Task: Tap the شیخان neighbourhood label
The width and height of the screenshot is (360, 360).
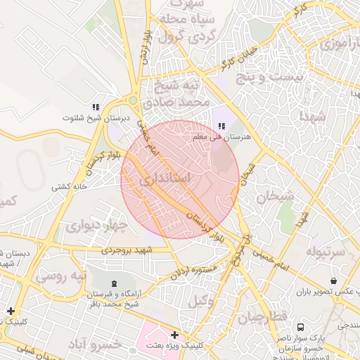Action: point(274,198)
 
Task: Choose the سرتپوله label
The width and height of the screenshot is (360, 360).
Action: point(326,251)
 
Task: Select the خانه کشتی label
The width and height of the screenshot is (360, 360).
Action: point(69,188)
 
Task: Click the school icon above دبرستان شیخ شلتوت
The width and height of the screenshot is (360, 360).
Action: point(96,107)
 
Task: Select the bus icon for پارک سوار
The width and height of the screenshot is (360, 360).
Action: point(301,327)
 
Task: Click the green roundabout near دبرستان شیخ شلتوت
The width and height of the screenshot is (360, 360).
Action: point(133,101)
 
